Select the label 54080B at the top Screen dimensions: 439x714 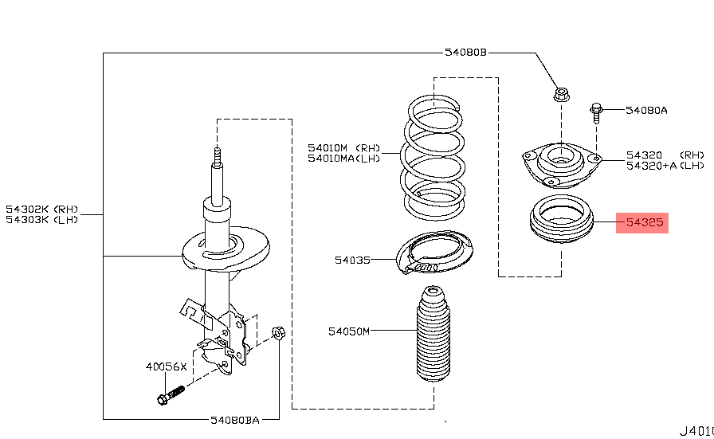[x=465, y=53]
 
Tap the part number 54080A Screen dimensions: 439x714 [x=646, y=111]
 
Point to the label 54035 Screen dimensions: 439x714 [x=352, y=260]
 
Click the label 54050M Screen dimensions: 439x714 [x=349, y=331]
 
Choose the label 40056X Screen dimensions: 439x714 [x=166, y=367]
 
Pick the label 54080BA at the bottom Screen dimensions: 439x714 [x=235, y=419]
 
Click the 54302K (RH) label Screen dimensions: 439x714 [x=42, y=210]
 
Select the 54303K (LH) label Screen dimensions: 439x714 [x=42, y=220]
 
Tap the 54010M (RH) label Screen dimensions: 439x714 [x=344, y=147]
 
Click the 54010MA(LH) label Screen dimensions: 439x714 [x=344, y=158]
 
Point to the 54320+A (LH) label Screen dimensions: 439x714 [x=665, y=166]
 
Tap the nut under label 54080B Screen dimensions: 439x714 [x=561, y=96]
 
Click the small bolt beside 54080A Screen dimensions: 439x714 [x=596, y=111]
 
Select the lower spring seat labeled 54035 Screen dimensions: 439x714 [x=435, y=253]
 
